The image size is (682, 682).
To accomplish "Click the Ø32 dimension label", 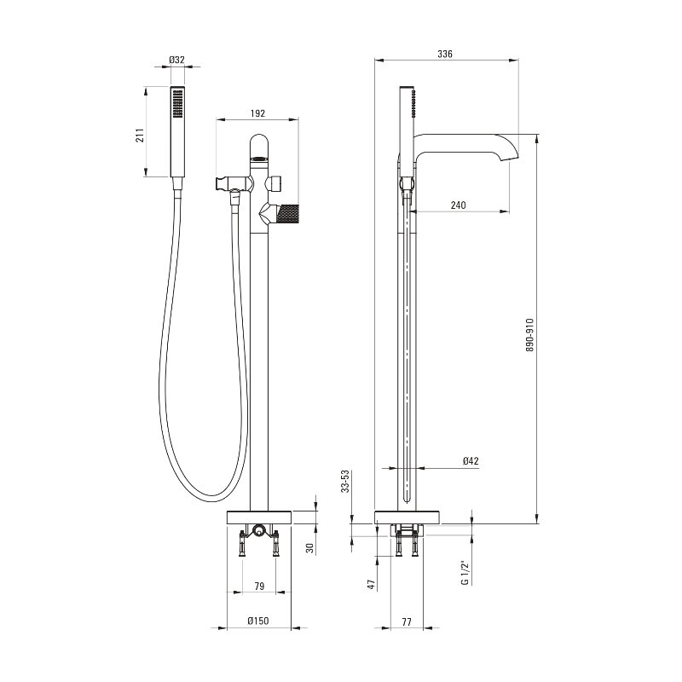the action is click(177, 60).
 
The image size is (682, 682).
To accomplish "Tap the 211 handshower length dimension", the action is click(139, 136).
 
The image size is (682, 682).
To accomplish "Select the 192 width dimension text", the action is click(257, 113).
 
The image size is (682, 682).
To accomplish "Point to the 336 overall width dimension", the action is click(445, 54).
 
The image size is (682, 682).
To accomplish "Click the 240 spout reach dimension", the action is click(458, 205).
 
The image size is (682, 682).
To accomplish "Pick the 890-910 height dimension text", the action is click(529, 335).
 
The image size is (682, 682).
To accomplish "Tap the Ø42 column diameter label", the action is click(471, 461).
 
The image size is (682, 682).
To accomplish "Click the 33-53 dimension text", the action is click(345, 481).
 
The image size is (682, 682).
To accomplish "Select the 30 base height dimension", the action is click(309, 547).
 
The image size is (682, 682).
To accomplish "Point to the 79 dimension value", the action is click(259, 587).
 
